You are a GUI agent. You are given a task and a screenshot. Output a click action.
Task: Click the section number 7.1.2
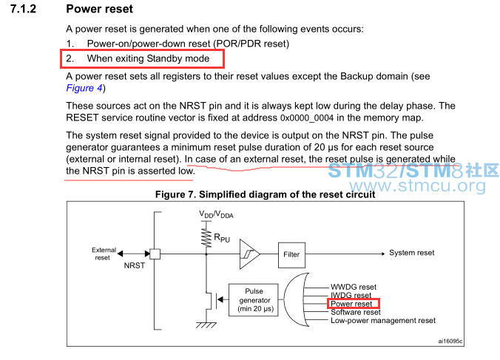click(23, 9)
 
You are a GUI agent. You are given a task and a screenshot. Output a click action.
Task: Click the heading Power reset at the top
click(100, 9)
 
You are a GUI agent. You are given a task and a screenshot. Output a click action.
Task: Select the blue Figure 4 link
click(84, 88)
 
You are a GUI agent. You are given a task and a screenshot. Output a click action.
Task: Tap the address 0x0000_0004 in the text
click(307, 118)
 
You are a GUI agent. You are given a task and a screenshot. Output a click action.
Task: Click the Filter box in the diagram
click(291, 254)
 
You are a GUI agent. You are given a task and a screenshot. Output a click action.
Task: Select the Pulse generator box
click(254, 300)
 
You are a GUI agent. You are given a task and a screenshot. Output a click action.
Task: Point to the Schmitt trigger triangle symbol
click(250, 254)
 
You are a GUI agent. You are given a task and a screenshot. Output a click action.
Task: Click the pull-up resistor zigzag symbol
click(206, 238)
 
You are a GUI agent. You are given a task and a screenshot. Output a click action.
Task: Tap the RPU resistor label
click(222, 238)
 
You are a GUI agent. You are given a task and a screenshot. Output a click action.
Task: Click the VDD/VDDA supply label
click(216, 214)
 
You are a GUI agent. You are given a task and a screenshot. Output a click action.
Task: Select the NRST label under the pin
click(135, 265)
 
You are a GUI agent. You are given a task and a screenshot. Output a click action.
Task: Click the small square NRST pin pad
click(155, 254)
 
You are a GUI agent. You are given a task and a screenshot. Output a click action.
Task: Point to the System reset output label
click(412, 253)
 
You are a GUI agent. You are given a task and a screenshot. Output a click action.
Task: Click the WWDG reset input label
click(354, 287)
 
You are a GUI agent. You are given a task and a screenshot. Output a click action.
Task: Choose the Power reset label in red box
click(351, 304)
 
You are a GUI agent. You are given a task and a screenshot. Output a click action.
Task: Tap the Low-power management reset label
click(383, 321)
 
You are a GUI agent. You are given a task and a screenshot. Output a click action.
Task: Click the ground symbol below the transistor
click(206, 325)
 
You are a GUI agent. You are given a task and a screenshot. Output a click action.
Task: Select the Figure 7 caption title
click(265, 194)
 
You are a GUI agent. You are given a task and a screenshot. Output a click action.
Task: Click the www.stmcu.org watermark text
click(417, 186)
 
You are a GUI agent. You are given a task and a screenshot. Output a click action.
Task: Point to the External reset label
click(104, 254)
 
